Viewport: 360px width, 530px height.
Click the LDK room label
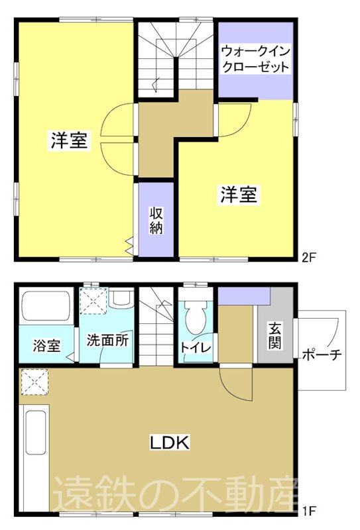point(169,443)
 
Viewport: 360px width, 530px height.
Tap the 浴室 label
point(46,344)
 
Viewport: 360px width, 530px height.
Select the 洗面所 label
point(107,342)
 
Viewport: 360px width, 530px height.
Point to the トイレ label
point(196,346)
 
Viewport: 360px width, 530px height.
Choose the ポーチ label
point(322,354)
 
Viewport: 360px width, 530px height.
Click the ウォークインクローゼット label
point(255,58)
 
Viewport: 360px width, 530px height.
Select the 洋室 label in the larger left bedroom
point(69,140)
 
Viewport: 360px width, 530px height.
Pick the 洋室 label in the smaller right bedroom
point(239,194)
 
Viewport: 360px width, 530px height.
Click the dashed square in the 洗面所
point(93,301)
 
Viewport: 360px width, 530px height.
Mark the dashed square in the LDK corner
point(30,382)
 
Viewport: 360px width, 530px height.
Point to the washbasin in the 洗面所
point(121,299)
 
